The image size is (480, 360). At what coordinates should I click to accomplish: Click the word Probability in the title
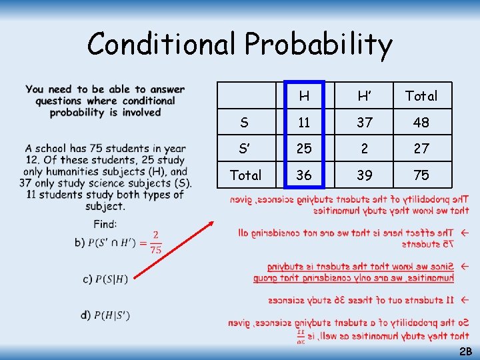(x=319, y=45)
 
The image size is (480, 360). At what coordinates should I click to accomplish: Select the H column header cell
(x=304, y=96)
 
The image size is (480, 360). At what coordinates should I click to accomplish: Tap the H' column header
(x=364, y=96)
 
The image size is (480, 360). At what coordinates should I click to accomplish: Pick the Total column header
(x=421, y=96)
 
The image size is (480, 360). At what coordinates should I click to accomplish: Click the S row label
(x=245, y=123)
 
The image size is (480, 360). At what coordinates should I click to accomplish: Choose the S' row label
(x=245, y=149)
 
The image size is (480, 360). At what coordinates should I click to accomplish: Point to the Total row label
(x=245, y=175)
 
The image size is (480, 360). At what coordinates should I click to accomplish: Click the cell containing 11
(x=304, y=123)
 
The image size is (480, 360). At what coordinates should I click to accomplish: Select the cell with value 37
(x=364, y=123)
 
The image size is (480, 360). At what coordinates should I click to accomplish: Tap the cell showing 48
(x=421, y=123)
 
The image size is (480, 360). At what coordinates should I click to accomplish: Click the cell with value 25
(x=304, y=149)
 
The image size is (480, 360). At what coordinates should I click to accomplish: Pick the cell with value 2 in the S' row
(x=364, y=149)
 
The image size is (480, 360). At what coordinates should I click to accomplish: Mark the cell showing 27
(x=421, y=149)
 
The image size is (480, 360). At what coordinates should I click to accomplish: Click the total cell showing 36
(x=304, y=175)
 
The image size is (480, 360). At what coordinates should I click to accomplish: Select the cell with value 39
(x=364, y=175)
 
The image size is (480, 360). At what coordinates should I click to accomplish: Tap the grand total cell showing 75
(x=421, y=175)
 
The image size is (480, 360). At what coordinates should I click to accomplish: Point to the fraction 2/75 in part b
(x=155, y=243)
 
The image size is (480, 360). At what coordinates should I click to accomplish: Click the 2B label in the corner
(x=465, y=351)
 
